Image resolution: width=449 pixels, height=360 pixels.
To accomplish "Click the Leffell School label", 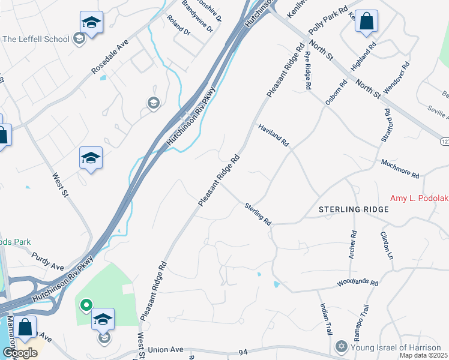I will coord(36,39).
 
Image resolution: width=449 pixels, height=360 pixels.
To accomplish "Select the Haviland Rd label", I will coord(274,136).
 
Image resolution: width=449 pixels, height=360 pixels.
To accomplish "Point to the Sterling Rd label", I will coord(258,214).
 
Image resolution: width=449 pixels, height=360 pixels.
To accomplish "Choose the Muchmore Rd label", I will coord(400,169).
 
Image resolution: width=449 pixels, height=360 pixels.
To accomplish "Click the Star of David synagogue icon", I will coord(342,347).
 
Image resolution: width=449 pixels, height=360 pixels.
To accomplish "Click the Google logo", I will coord(19,352).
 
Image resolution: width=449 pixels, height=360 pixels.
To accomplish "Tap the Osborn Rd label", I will coord(336,93).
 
